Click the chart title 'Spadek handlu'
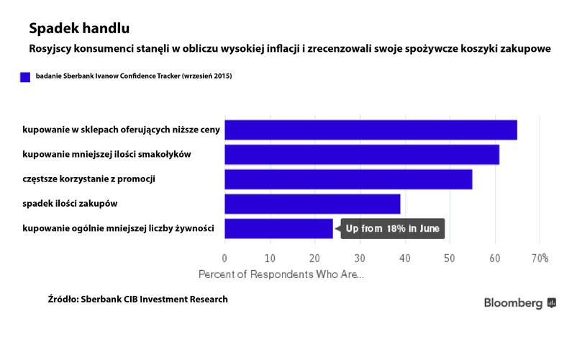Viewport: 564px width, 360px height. pos(79,30)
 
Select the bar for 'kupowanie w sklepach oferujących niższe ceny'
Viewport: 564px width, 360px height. pos(370,130)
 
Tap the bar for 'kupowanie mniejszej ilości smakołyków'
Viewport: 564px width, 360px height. pos(362,155)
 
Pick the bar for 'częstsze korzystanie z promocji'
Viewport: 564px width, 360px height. pos(348,179)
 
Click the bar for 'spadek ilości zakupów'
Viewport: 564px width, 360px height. pos(312,204)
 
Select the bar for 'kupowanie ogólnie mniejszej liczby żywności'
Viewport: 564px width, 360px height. pos(278,229)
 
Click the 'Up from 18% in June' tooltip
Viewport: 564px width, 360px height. pos(393,229)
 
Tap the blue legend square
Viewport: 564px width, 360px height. pos(25,76)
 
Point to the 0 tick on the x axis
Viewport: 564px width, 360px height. pos(224,258)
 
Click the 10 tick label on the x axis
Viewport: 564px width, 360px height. pos(270,258)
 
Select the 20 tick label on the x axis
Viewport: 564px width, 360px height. pos(314,258)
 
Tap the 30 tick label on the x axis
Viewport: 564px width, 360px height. pos(360,258)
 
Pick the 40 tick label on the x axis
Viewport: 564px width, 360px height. pos(405,258)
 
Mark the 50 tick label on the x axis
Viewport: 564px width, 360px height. pos(450,258)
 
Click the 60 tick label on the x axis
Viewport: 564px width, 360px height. pos(495,258)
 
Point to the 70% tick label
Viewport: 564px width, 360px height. pos(540,258)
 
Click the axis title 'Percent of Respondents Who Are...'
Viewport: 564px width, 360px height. pos(281,274)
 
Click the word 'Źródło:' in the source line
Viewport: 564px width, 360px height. pos(63,299)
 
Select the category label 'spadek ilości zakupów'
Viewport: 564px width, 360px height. pos(70,204)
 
